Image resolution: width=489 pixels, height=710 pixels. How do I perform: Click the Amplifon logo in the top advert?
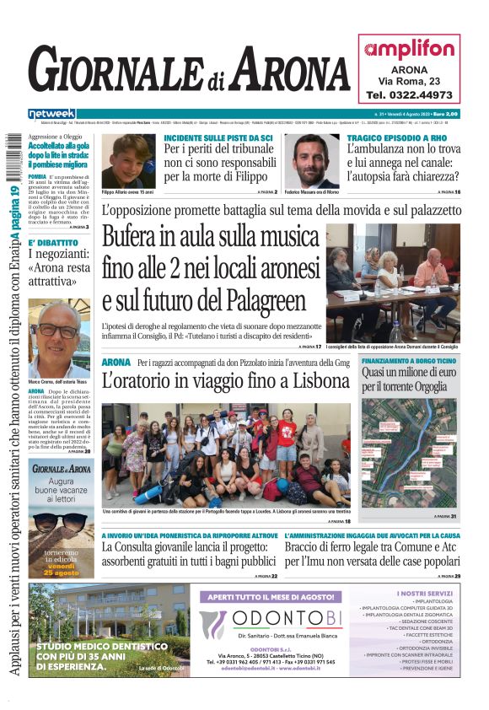[x=409, y=49]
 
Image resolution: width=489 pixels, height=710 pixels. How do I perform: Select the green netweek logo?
[x=51, y=114]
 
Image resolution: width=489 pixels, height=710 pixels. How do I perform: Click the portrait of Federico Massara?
[x=316, y=161]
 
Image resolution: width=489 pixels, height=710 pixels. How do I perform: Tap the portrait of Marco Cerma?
[x=59, y=338]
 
